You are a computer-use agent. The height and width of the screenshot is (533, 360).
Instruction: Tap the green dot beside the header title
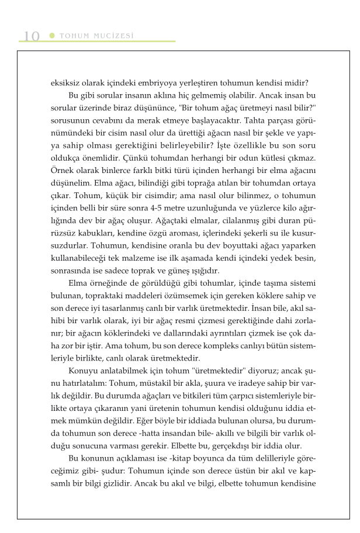click(52, 36)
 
